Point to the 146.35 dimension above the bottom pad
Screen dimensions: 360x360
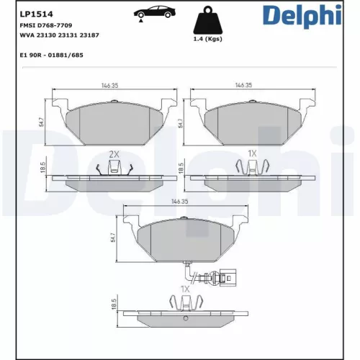point(180,202)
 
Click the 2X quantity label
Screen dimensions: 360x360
point(114,154)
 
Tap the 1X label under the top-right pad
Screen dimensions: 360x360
point(252,154)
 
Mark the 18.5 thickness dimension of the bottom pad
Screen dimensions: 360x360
point(113,306)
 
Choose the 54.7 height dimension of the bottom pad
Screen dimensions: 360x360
point(113,238)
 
